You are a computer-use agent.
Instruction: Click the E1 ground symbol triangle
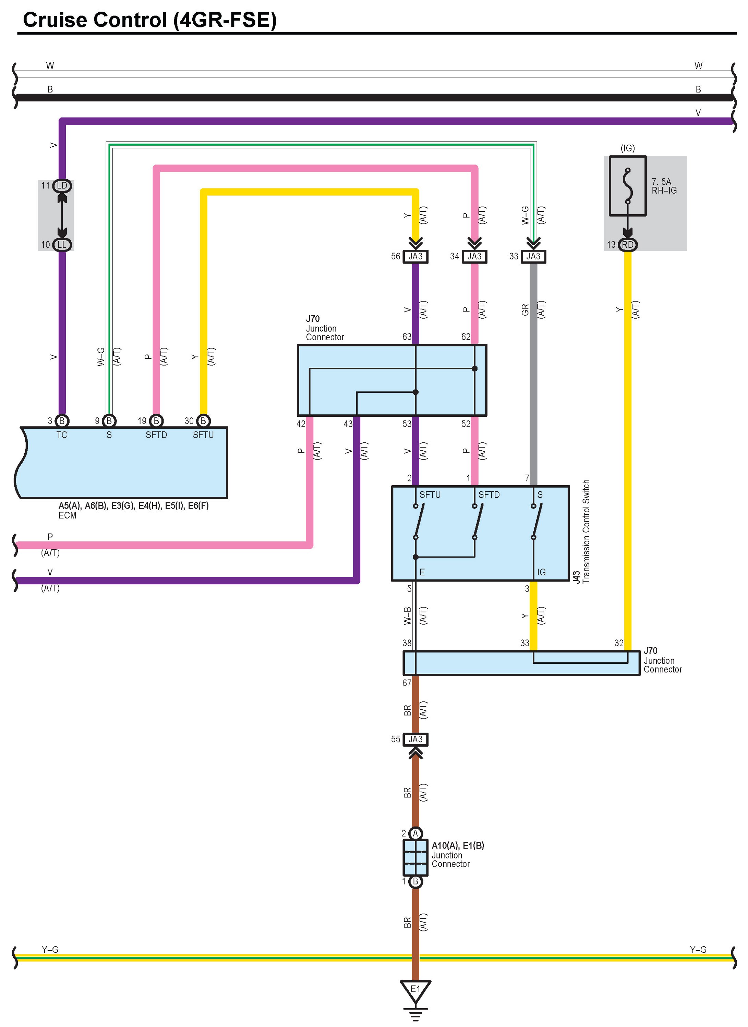tap(415, 990)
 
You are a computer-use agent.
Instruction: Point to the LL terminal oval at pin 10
tap(62, 245)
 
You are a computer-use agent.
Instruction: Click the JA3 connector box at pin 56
tap(415, 256)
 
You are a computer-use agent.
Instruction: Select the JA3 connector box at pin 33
tap(533, 256)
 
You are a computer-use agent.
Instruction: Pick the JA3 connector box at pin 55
tap(415, 739)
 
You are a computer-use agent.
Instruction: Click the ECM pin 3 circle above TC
tap(62, 421)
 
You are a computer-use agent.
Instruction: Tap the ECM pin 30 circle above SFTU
tap(203, 421)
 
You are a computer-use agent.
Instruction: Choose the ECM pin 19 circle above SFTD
tap(156, 421)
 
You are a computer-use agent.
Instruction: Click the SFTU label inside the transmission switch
tap(430, 494)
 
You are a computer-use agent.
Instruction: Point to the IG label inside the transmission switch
tap(541, 572)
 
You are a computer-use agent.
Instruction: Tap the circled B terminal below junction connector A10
tap(415, 881)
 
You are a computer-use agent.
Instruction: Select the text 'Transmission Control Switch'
tap(586, 531)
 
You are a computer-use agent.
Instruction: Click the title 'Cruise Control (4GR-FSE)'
tap(149, 20)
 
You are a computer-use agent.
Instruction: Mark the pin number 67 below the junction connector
tap(406, 683)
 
